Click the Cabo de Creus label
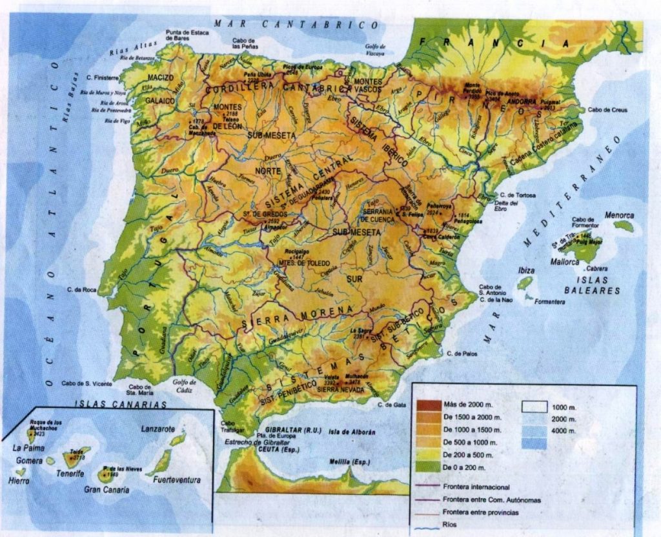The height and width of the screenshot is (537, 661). click(607, 110)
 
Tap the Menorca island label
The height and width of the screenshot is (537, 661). click(619, 216)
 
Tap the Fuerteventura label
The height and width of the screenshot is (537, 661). click(177, 480)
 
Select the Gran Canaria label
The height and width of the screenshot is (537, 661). click(107, 490)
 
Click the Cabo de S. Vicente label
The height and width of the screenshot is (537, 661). click(87, 383)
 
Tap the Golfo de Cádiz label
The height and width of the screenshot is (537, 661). click(185, 385)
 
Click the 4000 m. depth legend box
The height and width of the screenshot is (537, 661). click(534, 443)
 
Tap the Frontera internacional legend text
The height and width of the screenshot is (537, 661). click(476, 487)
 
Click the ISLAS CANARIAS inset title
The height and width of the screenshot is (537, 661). click(120, 405)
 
